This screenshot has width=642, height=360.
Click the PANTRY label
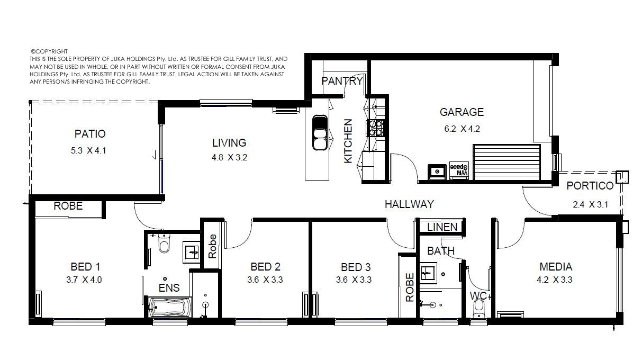342,81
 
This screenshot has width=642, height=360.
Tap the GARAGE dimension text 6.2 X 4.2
462,129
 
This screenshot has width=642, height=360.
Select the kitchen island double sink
320,133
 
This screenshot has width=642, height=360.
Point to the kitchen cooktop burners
376,128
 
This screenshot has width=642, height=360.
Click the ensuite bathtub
170,308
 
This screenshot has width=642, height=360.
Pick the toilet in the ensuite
164,243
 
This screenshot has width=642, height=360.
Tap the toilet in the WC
479,308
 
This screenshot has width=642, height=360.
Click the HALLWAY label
409,204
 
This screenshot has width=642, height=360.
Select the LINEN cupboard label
442,227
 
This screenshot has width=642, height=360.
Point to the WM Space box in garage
459,170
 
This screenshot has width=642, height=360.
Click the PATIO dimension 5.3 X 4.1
88,150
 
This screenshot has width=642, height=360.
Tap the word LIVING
229,142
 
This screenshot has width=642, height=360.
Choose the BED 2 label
265,267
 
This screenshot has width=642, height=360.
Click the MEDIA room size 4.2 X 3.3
554,280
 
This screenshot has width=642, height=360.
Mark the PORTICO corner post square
622,177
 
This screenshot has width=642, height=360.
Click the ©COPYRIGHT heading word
49,51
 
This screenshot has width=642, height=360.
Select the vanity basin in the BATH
428,273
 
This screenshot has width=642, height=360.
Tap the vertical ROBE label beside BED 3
410,287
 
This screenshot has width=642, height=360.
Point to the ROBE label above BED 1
68,206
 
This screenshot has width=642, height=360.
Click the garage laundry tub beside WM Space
437,172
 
